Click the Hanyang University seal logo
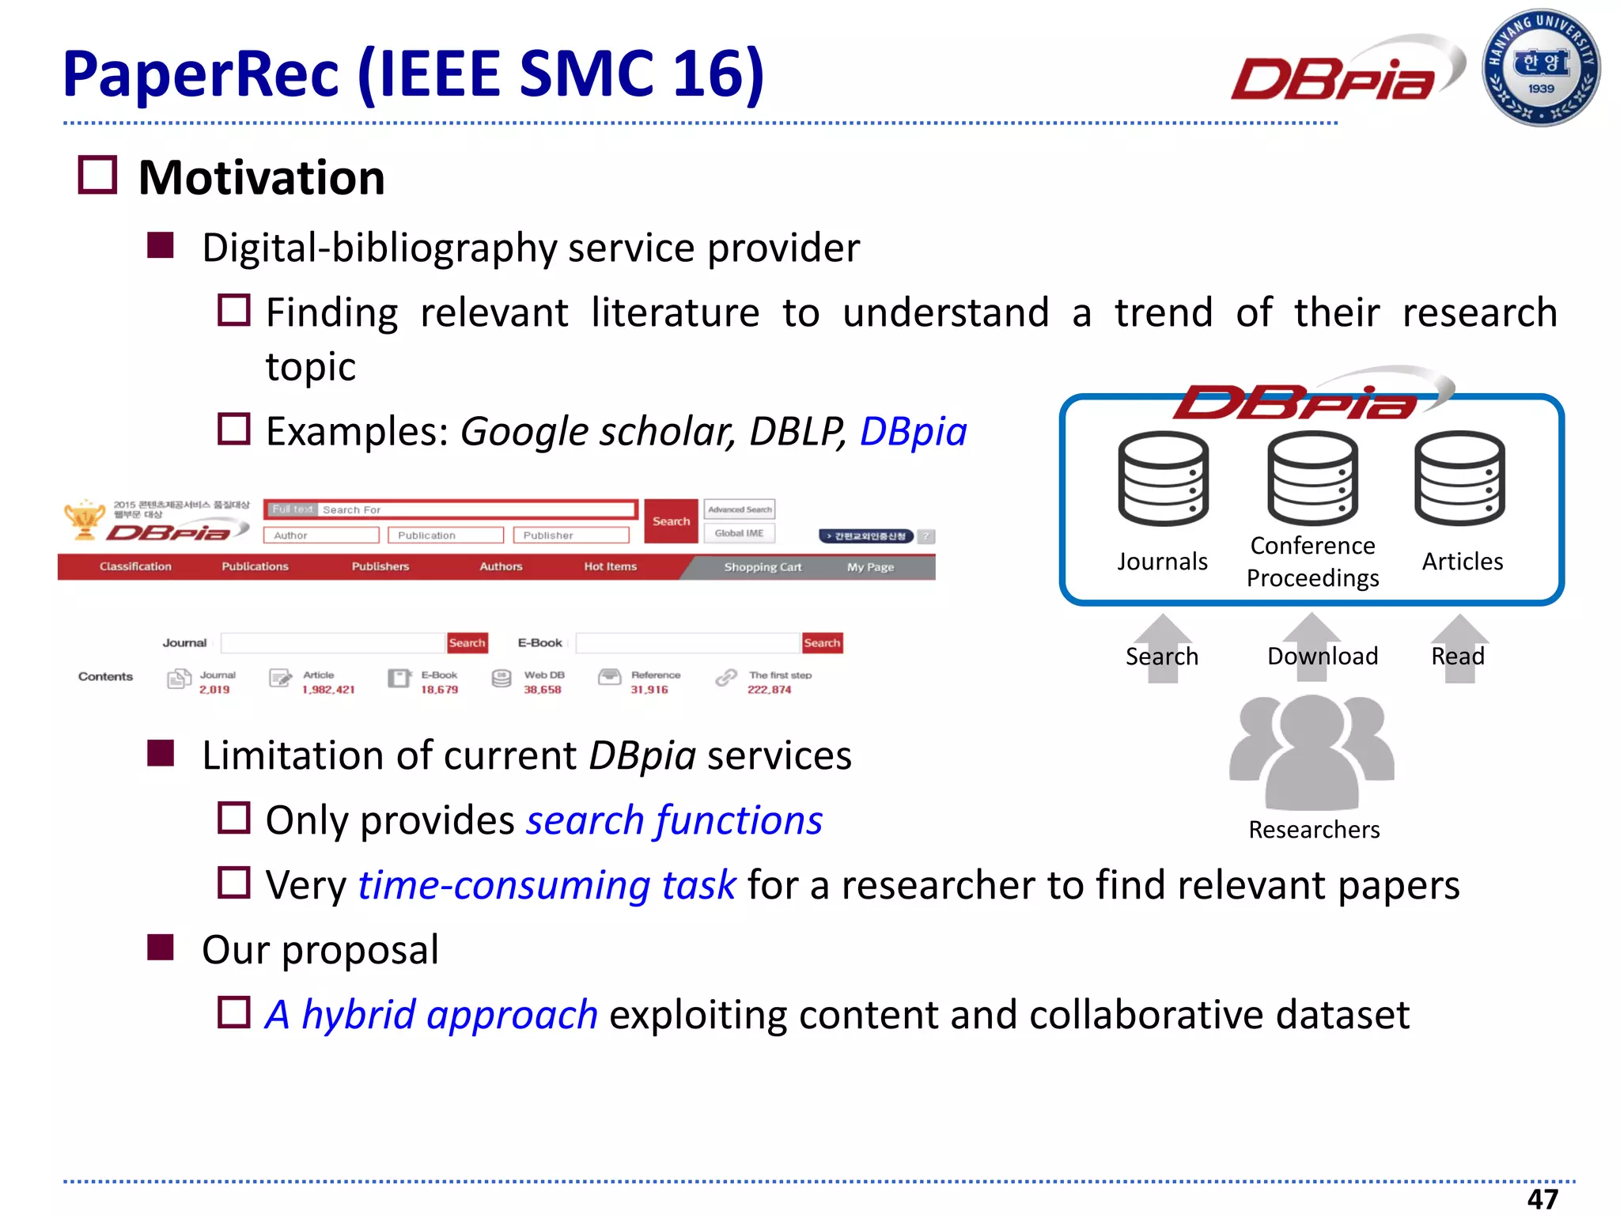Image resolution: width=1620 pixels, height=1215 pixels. tap(1540, 67)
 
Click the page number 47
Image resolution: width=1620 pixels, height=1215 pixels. tap(1542, 1198)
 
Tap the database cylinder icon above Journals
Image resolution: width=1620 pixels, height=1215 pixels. tap(1163, 479)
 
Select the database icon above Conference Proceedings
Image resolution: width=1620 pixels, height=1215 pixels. tap(1312, 478)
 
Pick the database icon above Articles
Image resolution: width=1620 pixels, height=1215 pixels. tap(1459, 478)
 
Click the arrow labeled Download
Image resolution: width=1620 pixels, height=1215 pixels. tap(1312, 647)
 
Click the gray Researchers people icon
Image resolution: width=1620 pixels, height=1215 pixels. tap(1312, 751)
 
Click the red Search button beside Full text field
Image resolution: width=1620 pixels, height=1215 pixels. tap(671, 521)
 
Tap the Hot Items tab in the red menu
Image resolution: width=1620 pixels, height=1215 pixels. tap(610, 566)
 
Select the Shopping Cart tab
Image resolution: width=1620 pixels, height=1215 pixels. tap(763, 567)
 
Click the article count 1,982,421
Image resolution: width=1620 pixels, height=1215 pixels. tap(328, 690)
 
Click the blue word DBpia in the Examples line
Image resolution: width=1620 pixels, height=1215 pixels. tap(913, 432)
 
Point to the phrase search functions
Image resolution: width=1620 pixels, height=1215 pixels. tap(674, 820)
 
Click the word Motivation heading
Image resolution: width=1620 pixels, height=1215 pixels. tap(261, 177)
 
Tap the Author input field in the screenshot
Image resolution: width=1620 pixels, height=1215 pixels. tap(321, 536)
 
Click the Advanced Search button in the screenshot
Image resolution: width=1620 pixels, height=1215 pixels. tap(739, 509)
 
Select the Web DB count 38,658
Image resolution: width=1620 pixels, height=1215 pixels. tap(542, 690)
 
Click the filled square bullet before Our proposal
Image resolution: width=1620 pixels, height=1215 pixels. tap(161, 947)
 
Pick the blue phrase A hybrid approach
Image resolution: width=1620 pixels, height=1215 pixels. tap(431, 1015)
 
